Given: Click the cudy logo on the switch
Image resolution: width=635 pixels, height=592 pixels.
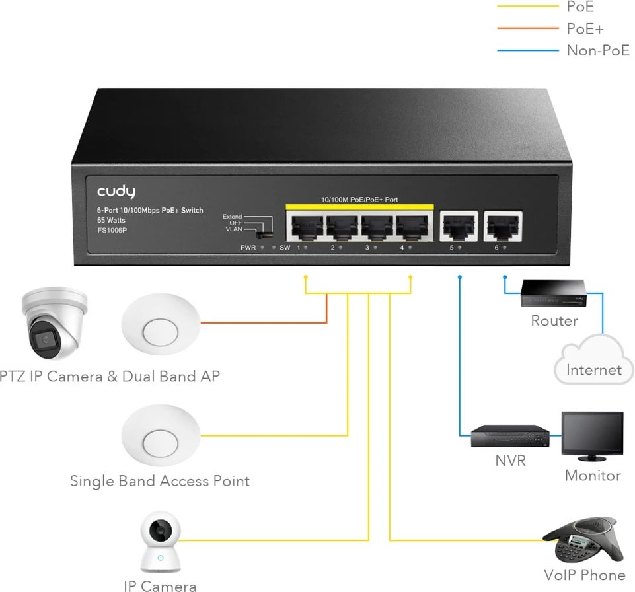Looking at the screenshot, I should [116, 192].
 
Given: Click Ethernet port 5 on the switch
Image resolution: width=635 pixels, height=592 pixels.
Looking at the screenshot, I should [459, 226].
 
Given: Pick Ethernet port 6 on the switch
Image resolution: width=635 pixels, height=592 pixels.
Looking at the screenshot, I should [503, 226].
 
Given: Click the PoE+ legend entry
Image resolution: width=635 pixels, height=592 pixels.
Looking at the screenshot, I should [585, 29].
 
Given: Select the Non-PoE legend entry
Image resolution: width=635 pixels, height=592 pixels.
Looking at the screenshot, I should [598, 50].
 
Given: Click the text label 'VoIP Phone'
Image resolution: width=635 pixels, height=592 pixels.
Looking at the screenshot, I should [584, 575].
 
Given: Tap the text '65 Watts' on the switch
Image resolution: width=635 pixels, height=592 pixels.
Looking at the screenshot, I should [111, 220].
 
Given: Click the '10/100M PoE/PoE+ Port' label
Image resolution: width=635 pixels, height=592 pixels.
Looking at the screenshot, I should [359, 199].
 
